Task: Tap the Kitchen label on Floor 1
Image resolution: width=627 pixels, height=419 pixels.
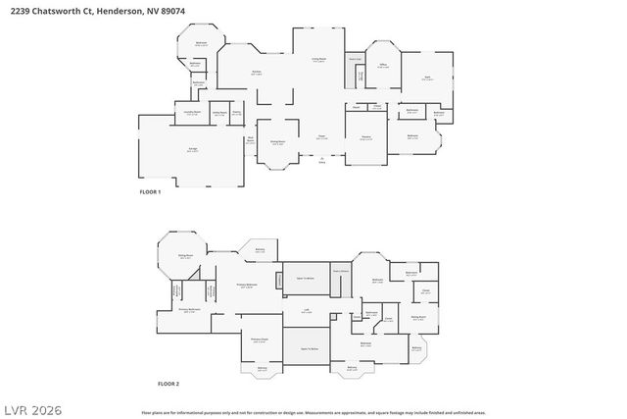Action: point(256,73)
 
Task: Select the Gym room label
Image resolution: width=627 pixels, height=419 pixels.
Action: point(427,78)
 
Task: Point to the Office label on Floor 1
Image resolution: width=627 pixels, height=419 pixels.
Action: point(383,67)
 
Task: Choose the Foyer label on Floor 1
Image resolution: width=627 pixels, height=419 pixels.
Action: point(320,137)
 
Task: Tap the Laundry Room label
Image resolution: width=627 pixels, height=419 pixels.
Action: point(193,113)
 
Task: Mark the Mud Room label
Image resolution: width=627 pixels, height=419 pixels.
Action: point(251,139)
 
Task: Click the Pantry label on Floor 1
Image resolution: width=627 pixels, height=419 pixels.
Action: point(236,113)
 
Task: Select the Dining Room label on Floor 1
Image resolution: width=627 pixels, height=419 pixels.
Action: point(278,143)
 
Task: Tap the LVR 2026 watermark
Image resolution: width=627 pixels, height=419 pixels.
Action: point(32,405)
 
